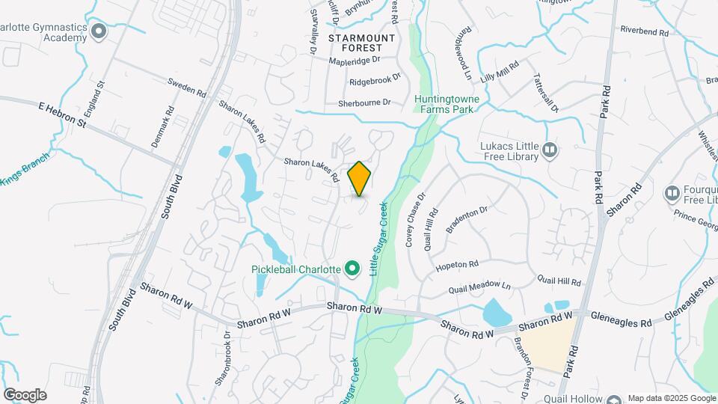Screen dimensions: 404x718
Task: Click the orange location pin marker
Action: (360, 178)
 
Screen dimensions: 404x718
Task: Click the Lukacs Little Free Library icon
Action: (550, 150)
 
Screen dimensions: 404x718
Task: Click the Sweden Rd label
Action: (186, 87)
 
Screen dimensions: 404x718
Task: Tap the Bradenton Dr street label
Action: (467, 218)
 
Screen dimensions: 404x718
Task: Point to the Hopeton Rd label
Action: (458, 266)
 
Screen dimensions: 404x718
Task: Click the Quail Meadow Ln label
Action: (479, 287)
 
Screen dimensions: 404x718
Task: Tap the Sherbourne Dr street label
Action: (364, 102)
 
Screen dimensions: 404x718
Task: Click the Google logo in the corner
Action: (25, 394)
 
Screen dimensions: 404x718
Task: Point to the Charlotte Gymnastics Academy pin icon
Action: (98, 31)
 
